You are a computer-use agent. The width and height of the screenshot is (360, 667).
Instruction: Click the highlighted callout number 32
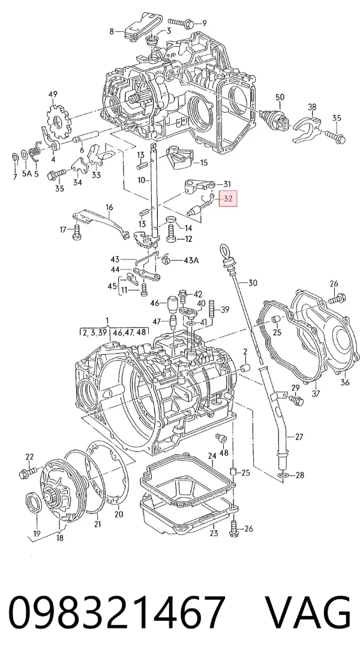pyautogui.click(x=228, y=199)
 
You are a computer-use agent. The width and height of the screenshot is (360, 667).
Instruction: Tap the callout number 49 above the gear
pyautogui.click(x=53, y=94)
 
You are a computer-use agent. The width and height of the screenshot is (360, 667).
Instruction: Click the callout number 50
pyautogui.click(x=280, y=98)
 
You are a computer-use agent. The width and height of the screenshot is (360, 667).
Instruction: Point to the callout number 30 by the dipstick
pyautogui.click(x=253, y=282)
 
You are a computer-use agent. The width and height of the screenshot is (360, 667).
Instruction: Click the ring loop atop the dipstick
pyautogui.click(x=224, y=250)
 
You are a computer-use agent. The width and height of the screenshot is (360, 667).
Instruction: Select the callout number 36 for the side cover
pyautogui.click(x=344, y=383)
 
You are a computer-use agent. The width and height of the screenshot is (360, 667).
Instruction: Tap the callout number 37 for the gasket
pyautogui.click(x=316, y=394)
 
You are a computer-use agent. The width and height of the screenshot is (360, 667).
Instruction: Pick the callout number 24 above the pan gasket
pyautogui.click(x=212, y=456)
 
